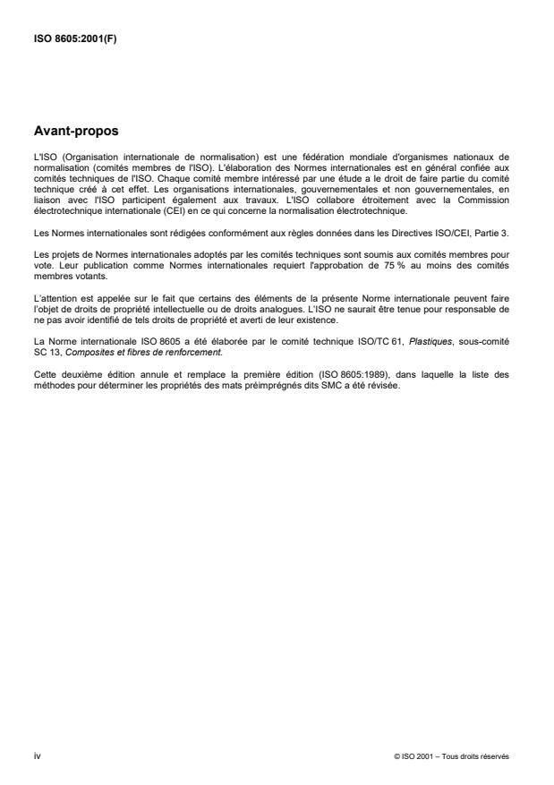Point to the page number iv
coord(36,756)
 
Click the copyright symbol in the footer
coord(396,757)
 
